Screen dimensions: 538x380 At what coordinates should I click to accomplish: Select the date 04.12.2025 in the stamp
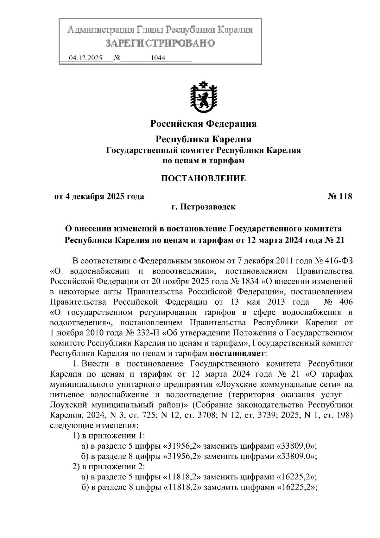point(85,58)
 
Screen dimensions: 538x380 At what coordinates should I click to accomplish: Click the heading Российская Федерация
point(203,123)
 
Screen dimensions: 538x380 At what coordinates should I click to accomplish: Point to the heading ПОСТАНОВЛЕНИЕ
point(203,178)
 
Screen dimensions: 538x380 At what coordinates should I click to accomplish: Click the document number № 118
point(339,197)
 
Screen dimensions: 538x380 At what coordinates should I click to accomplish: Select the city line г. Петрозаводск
point(203,207)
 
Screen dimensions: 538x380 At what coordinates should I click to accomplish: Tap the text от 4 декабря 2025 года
point(99,197)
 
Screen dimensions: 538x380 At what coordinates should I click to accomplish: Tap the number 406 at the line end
point(345,302)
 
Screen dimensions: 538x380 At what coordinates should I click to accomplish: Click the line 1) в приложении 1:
point(109,436)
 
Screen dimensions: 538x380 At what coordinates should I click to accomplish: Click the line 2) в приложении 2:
point(109,466)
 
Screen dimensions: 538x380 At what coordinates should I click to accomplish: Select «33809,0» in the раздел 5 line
point(296,446)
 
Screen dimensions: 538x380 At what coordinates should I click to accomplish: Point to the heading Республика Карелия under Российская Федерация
point(203,139)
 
